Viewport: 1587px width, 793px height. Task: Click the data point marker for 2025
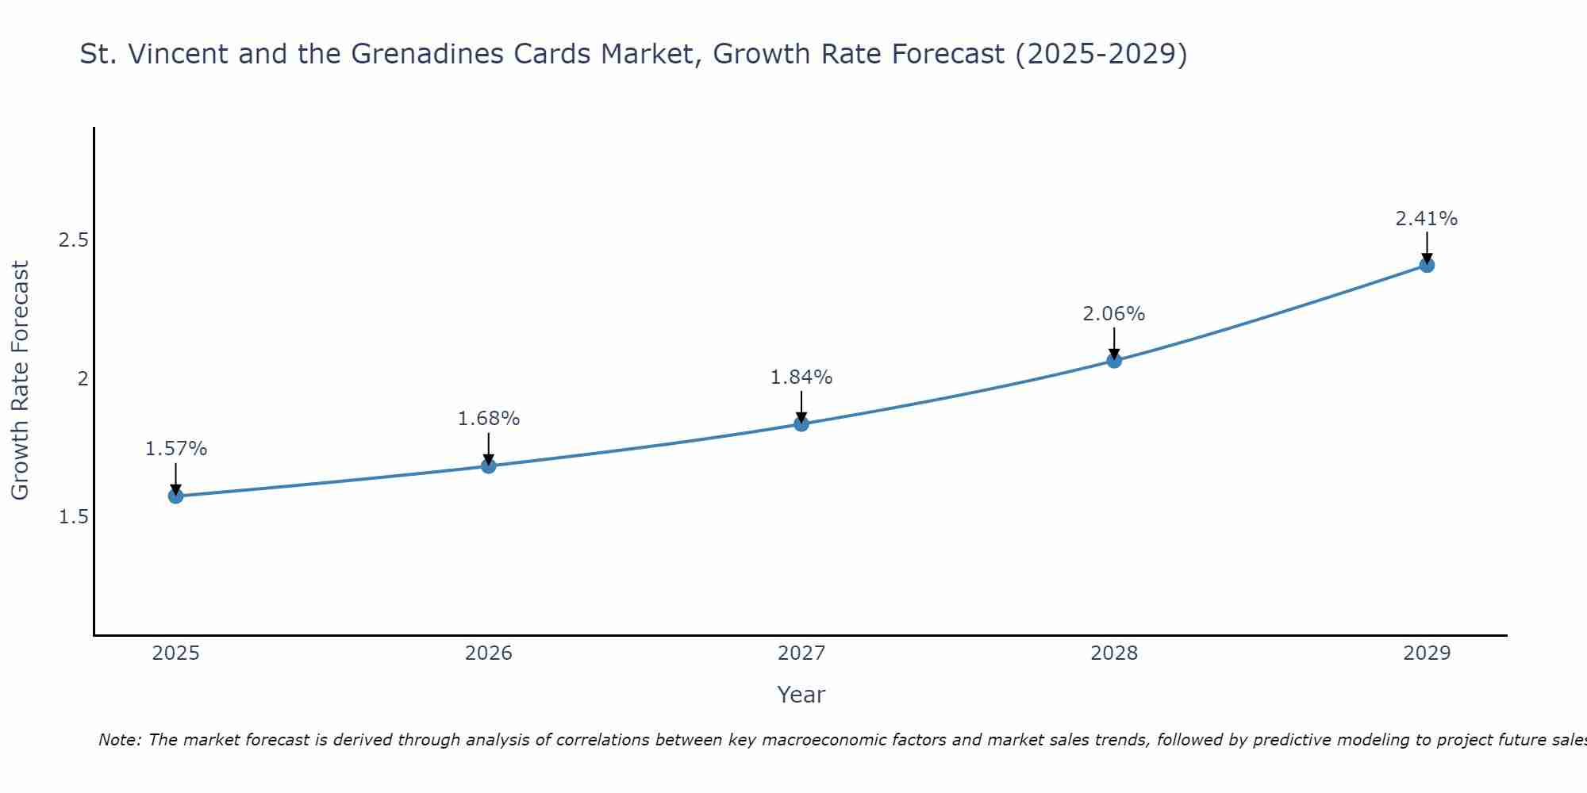pos(175,496)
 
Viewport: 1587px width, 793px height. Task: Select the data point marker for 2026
pos(489,465)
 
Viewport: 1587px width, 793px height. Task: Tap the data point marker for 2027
pos(801,424)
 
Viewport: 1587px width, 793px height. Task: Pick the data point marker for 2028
pos(1114,361)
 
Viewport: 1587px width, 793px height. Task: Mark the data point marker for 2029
pos(1427,265)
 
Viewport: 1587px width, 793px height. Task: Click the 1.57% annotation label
pos(175,449)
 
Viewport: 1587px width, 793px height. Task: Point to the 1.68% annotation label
pos(489,419)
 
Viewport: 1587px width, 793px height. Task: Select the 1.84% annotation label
pos(801,377)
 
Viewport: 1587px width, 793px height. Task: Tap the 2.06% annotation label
pos(1114,314)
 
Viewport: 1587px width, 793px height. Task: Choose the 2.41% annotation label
pos(1427,219)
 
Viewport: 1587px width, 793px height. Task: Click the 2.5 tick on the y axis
pos(73,240)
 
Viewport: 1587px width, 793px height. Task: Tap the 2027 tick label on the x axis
pos(801,653)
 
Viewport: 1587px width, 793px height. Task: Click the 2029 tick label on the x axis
pos(1427,653)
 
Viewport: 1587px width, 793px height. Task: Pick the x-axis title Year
pos(801,695)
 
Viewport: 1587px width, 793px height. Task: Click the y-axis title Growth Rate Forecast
pos(21,381)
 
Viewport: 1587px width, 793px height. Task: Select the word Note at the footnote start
pos(119,740)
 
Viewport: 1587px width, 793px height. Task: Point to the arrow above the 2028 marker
pos(1114,343)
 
